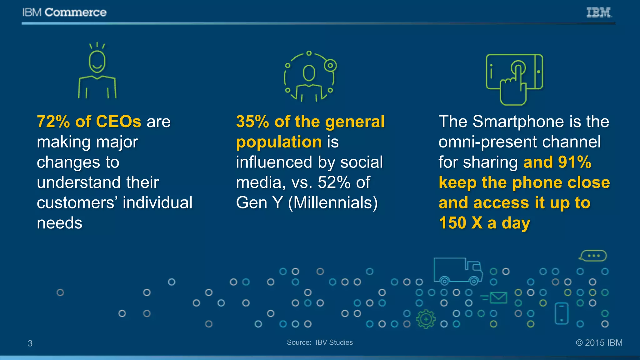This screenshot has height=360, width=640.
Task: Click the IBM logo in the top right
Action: [x=599, y=12]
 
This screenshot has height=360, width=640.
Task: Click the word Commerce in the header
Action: [x=76, y=12]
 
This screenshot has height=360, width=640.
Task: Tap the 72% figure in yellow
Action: [x=53, y=122]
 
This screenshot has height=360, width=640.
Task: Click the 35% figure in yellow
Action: [x=252, y=122]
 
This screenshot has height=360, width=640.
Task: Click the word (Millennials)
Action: [x=333, y=203]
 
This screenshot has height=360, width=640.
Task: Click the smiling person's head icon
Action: [x=97, y=62]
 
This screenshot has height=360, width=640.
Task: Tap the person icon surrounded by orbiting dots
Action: [x=309, y=77]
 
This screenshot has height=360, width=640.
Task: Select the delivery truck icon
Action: [x=457, y=271]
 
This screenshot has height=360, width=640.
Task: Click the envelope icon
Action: [x=498, y=297]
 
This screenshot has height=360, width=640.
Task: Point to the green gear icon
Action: [x=426, y=319]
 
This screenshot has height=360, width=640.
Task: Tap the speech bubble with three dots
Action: [x=593, y=256]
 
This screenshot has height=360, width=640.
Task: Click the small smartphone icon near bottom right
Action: [x=561, y=313]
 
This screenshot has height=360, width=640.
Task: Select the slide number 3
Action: [x=30, y=343]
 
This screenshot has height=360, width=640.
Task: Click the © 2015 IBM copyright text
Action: [x=599, y=343]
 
